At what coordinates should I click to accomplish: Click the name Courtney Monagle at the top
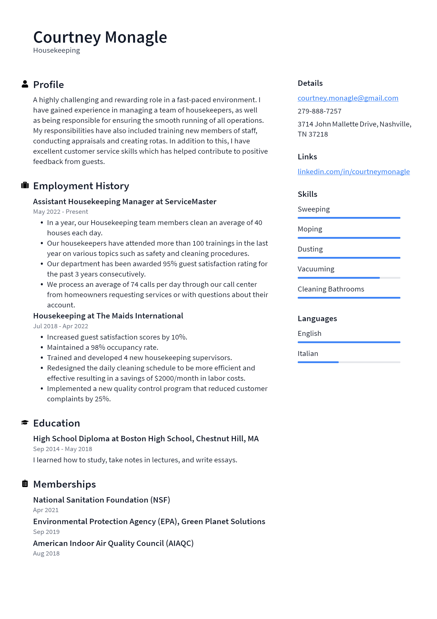click(100, 37)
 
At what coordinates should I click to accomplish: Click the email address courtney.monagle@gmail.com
click(348, 98)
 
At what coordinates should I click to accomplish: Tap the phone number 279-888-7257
click(319, 111)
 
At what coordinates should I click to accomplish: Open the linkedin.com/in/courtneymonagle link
click(354, 172)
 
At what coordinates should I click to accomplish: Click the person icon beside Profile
click(25, 84)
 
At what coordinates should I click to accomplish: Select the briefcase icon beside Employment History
click(25, 186)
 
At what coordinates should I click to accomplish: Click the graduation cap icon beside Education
click(25, 422)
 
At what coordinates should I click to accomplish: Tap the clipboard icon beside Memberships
click(25, 484)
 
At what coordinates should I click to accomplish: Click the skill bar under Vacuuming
click(349, 278)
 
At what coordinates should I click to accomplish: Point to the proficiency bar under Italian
click(349, 362)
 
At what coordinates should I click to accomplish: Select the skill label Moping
click(310, 229)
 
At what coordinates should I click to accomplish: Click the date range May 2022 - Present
click(60, 212)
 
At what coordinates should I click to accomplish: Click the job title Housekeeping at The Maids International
click(108, 316)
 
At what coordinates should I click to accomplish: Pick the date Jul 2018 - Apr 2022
click(60, 326)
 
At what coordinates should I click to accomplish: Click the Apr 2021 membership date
click(46, 510)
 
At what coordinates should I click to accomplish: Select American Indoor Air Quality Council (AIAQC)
click(113, 543)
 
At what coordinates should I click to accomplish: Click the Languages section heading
click(317, 319)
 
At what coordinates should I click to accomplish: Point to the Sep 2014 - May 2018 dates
click(62, 449)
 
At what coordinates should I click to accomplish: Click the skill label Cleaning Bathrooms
click(331, 289)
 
